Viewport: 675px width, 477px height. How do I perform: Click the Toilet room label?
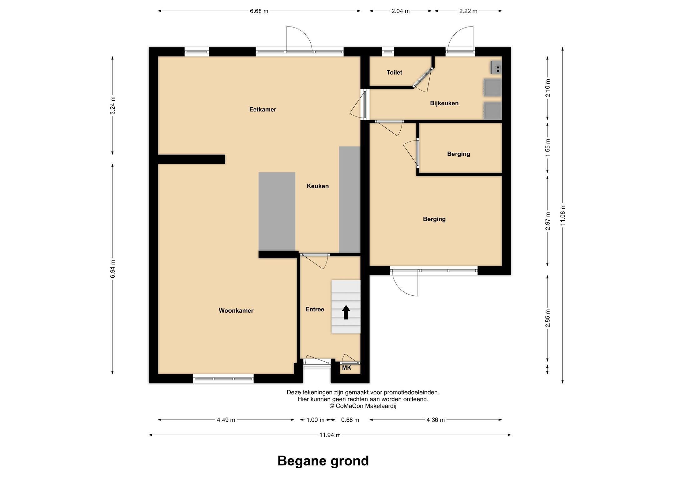point(394,72)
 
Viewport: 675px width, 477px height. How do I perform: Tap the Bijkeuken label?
point(444,103)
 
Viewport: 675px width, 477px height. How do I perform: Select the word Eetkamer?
point(262,109)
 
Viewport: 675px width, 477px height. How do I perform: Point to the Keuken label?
point(317,186)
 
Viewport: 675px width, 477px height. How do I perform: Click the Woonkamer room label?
point(236,311)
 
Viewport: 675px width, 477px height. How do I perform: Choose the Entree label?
point(315,309)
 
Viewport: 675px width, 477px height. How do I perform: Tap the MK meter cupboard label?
point(347,368)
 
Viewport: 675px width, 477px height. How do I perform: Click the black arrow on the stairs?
point(346,312)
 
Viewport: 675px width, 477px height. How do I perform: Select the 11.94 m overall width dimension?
point(330,435)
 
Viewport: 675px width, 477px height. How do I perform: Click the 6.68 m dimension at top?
point(259,11)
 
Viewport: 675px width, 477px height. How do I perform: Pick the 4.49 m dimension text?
point(226,420)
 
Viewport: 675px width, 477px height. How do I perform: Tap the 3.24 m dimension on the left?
point(113,106)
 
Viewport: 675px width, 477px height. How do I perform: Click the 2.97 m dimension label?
point(547,221)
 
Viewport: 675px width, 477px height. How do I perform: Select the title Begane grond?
point(323,461)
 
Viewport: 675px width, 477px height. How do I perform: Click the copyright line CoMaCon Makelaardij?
point(363,406)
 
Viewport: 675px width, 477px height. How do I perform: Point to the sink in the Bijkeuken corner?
point(496,67)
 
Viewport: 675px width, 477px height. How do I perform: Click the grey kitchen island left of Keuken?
point(277,211)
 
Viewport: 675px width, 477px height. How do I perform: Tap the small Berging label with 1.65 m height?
point(458,154)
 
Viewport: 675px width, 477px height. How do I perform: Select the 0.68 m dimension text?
point(350,420)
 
